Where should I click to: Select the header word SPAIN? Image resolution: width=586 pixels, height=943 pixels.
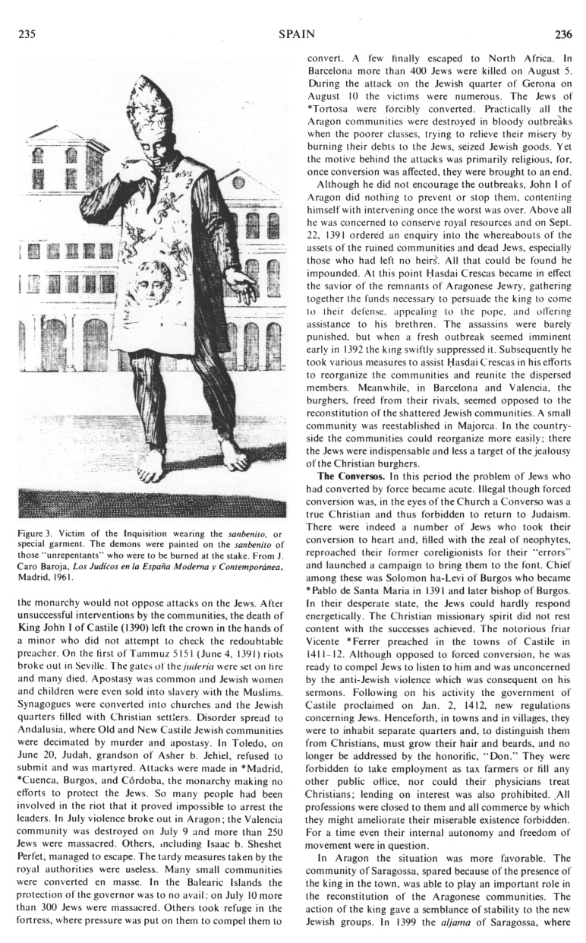point(292,33)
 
